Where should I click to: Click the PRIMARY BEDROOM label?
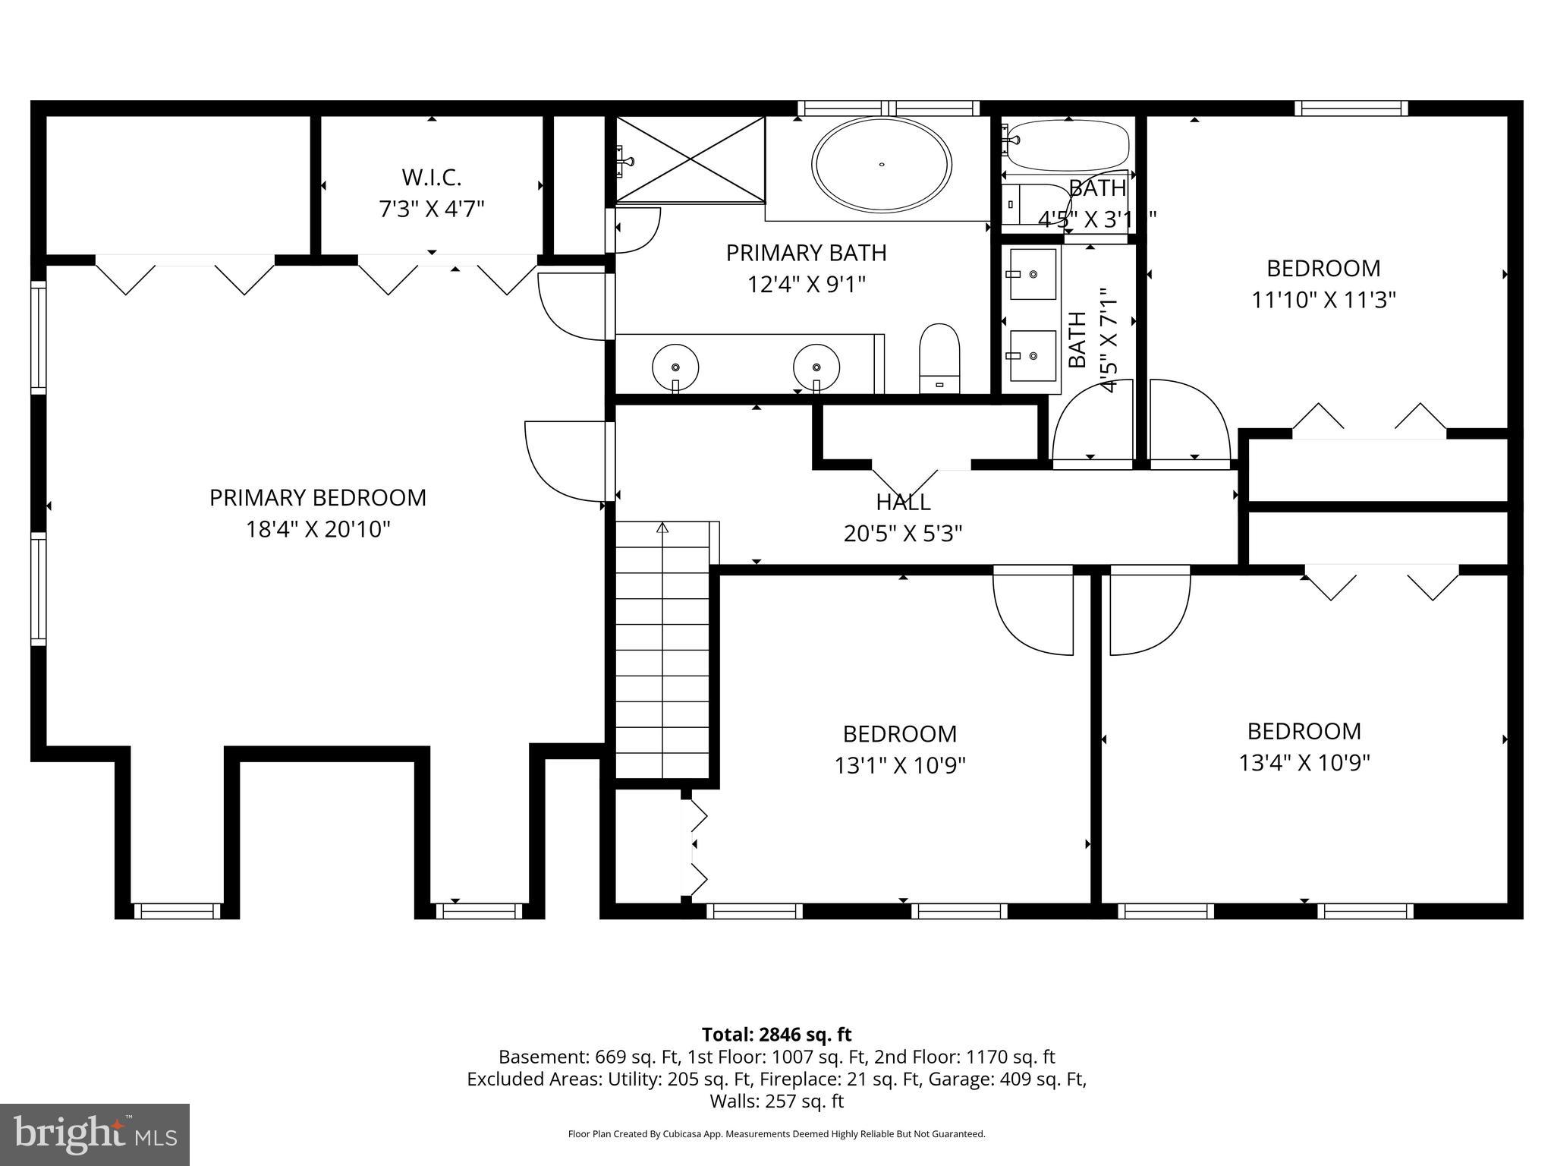[317, 498]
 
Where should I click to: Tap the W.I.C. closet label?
[431, 178]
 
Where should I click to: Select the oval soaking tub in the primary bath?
[881, 164]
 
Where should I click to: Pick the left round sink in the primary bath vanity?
[675, 367]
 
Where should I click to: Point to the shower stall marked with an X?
[690, 160]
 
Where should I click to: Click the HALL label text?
[903, 502]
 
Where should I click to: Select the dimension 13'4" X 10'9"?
[1304, 762]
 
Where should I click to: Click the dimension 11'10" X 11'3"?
[1323, 300]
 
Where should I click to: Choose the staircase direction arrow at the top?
[662, 528]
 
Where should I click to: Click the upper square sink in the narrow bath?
[1033, 274]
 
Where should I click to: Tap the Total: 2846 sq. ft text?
[776, 1035]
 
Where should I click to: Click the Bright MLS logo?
[95, 1134]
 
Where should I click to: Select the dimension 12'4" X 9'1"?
[806, 285]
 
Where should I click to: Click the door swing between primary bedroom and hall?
[565, 461]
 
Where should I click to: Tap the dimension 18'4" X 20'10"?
[317, 529]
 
